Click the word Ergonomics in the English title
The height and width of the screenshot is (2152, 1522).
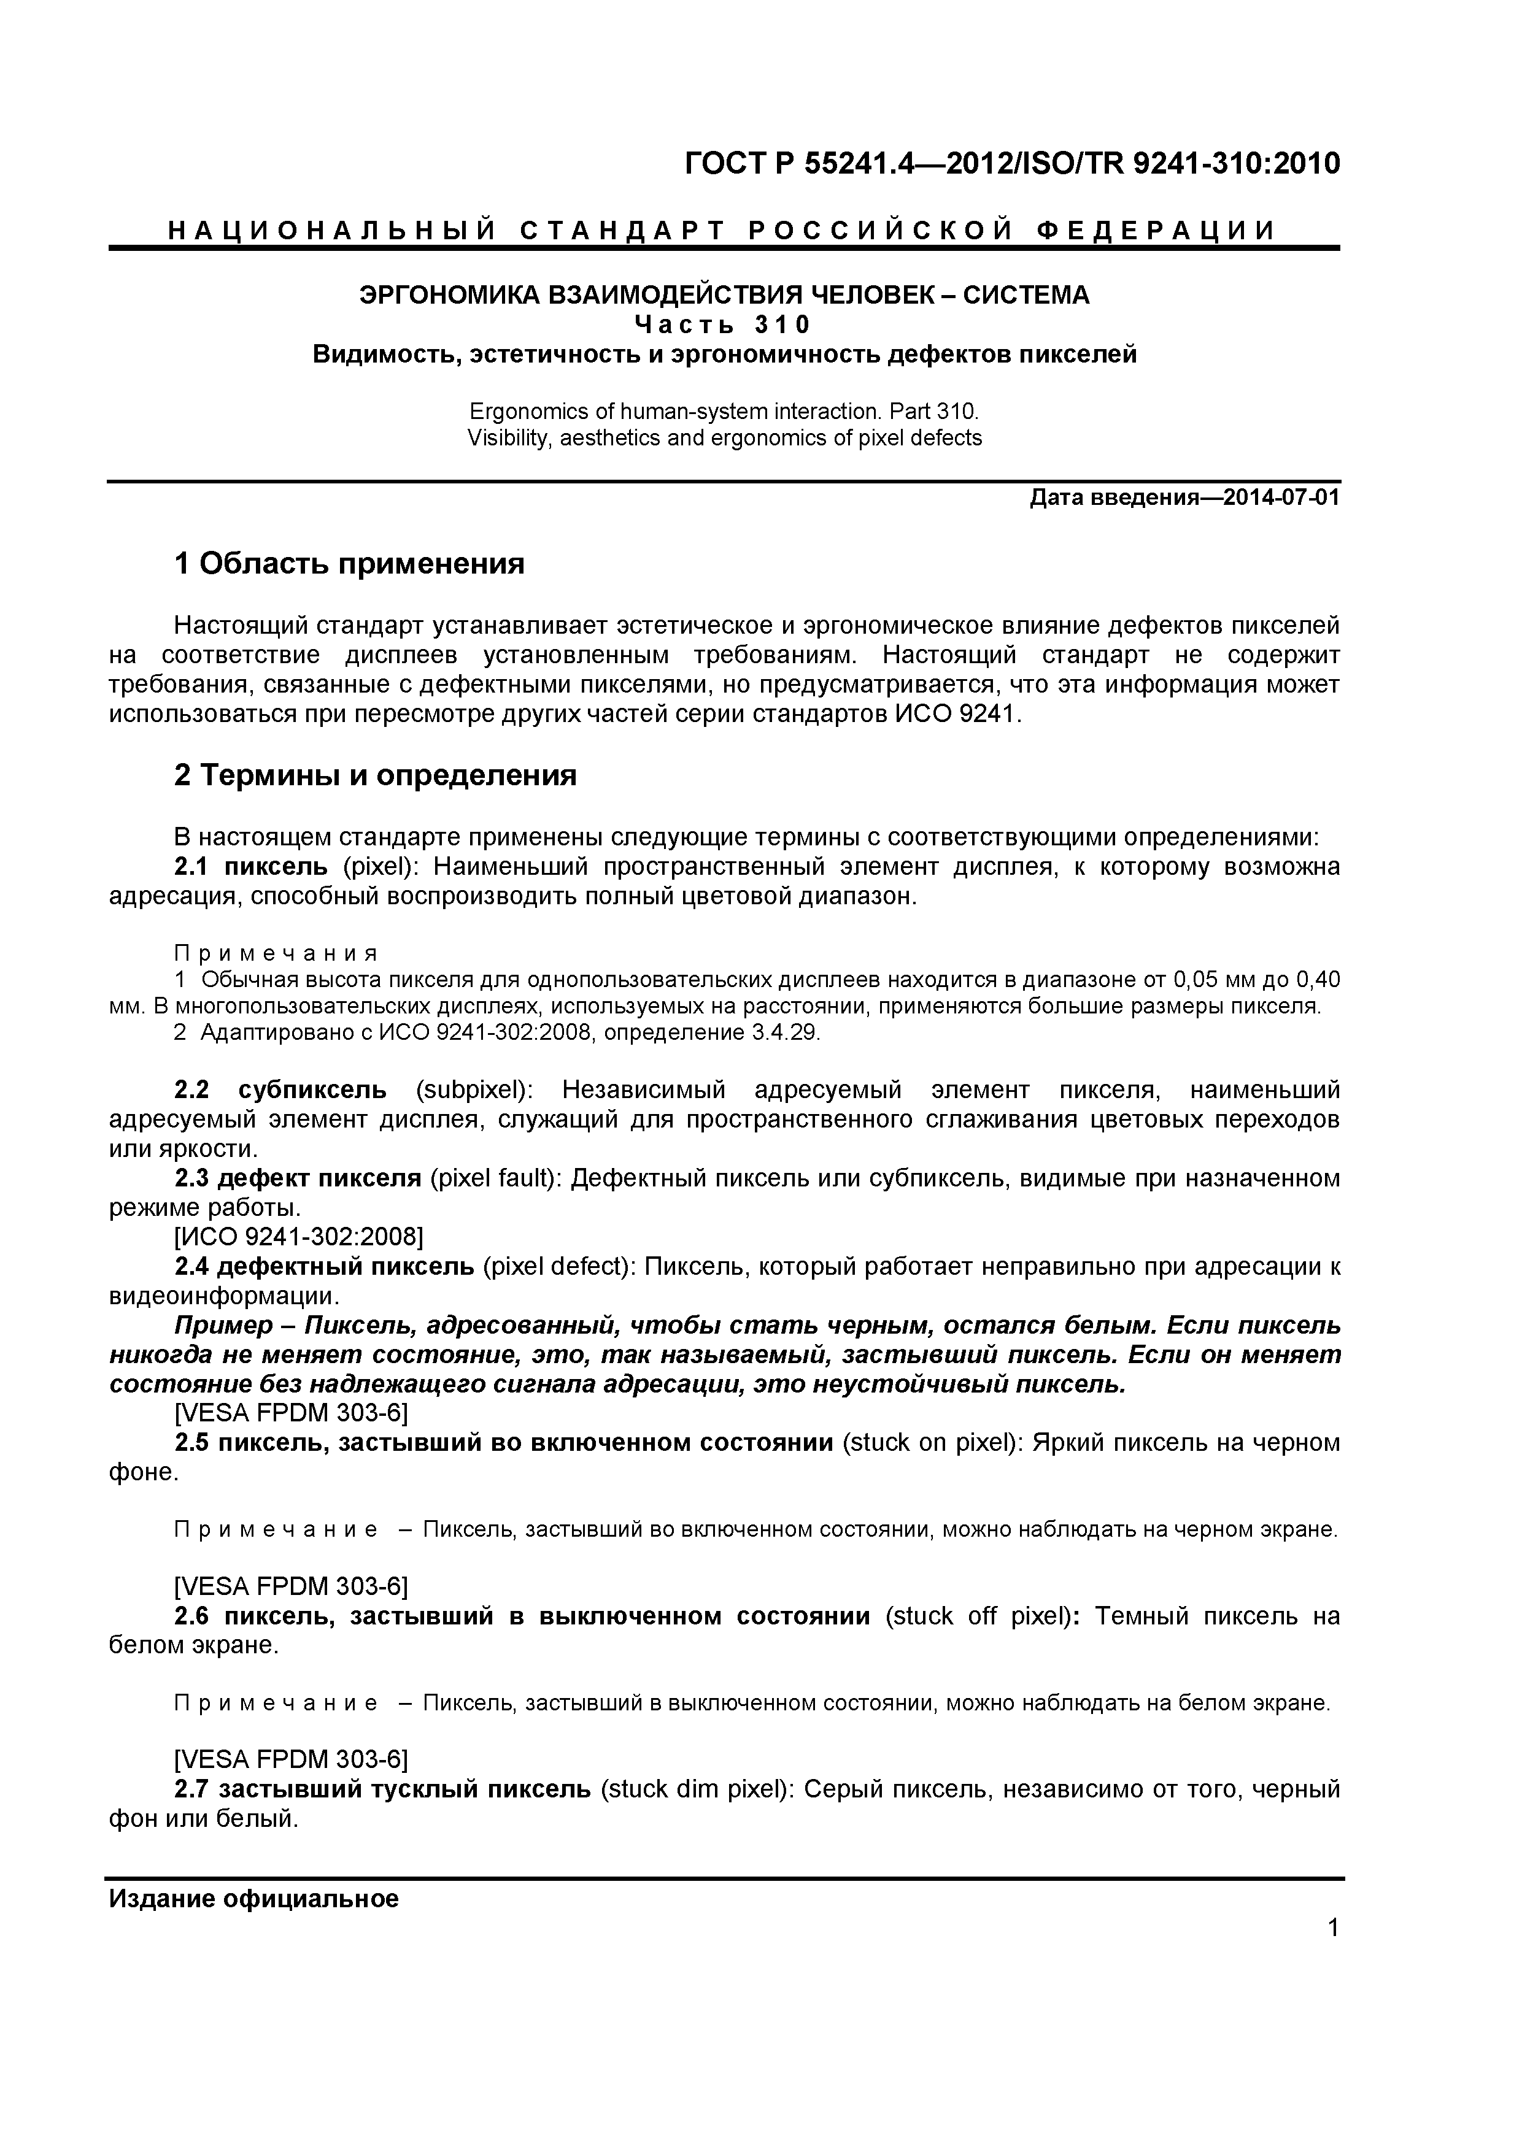(514, 412)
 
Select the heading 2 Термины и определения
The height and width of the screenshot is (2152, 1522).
(375, 775)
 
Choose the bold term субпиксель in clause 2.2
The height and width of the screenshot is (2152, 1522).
(312, 1090)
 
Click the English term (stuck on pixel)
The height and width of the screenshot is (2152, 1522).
(931, 1442)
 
